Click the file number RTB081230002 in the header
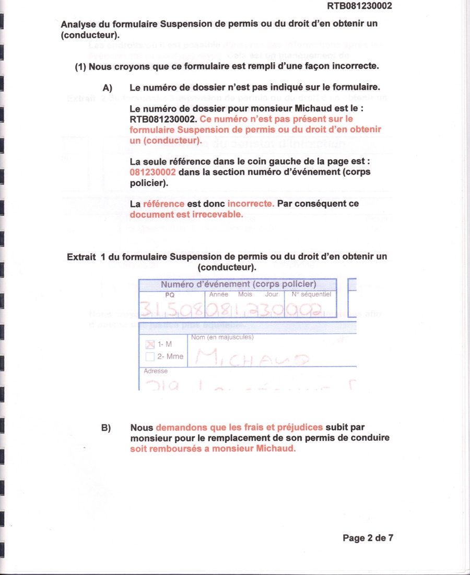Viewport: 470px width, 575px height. (359, 6)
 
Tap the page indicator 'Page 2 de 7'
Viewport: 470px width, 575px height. (368, 538)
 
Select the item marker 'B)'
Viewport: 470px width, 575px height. (107, 428)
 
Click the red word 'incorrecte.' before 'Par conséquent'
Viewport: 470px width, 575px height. (251, 204)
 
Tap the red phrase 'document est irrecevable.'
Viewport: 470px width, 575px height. (186, 214)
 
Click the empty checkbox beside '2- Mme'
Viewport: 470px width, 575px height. (150, 356)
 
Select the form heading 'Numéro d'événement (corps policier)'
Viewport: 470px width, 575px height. (238, 285)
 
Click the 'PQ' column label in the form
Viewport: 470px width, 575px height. (170, 295)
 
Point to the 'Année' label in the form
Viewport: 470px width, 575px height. (219, 295)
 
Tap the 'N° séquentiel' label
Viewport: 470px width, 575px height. (311, 295)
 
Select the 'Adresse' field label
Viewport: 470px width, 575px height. (156, 371)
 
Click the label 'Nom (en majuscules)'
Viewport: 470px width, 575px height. (222, 337)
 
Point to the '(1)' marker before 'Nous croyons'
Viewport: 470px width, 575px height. (80, 67)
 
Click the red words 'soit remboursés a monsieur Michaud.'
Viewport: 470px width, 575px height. (213, 449)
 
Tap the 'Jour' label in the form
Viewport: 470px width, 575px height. (272, 295)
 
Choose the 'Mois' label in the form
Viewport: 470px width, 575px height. (245, 295)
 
